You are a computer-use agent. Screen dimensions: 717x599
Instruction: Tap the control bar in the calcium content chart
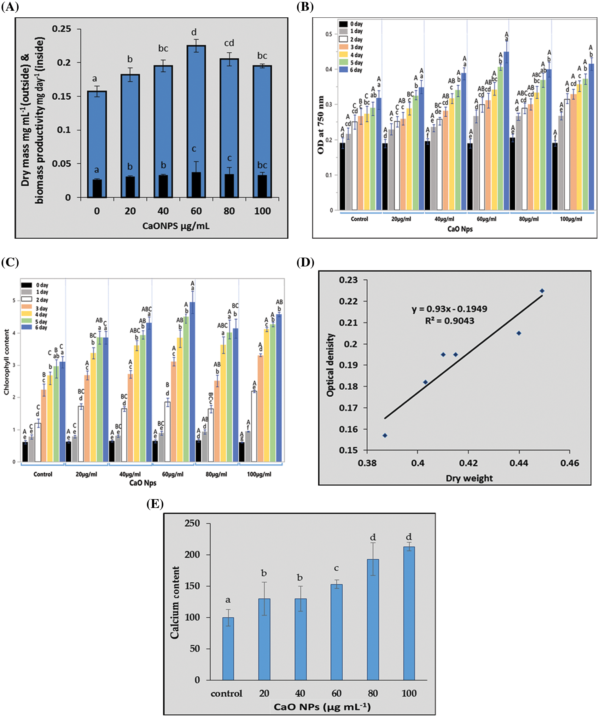(228, 648)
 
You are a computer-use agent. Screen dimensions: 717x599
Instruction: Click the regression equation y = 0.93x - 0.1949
(449, 309)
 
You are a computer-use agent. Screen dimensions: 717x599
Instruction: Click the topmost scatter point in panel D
(542, 291)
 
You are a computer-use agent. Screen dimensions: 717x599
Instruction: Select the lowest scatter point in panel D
(385, 435)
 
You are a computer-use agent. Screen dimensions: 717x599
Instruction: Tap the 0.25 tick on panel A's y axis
(62, 29)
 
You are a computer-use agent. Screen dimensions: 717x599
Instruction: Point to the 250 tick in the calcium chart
(192, 523)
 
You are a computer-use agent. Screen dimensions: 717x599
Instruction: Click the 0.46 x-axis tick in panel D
(570, 463)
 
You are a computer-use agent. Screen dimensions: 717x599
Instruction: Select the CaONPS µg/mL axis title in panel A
(176, 226)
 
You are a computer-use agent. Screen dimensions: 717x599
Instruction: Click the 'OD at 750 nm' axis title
(321, 125)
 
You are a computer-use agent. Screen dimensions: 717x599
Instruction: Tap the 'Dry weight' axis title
(469, 478)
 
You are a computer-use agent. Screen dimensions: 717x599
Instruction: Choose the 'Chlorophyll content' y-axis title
(7, 362)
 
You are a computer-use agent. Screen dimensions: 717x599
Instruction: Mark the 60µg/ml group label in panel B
(486, 219)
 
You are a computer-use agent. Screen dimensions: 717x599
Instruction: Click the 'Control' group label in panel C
(43, 474)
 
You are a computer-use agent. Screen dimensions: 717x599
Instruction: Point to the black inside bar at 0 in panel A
(97, 188)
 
